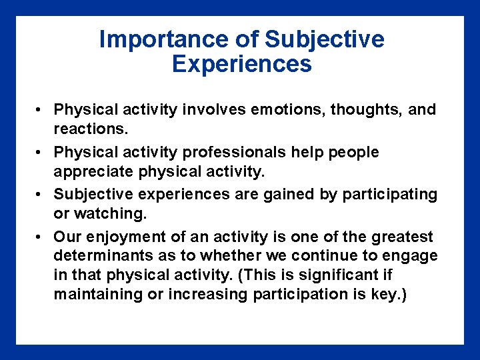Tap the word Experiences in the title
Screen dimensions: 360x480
(x=241, y=64)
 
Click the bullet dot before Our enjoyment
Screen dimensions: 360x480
(x=41, y=237)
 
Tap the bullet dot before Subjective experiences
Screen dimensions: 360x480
(x=41, y=195)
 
